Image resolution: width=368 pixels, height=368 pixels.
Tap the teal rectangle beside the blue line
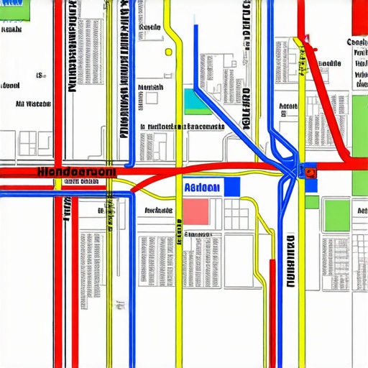(193, 101)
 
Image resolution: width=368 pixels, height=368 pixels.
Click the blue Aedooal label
(201, 187)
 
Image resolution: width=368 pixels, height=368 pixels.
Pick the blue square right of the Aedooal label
(231, 187)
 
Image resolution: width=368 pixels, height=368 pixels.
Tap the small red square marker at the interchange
(310, 172)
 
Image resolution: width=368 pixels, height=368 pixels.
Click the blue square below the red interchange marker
(311, 185)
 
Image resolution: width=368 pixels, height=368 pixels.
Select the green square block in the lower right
(336, 215)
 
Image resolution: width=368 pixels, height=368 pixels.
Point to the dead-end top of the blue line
(195, 27)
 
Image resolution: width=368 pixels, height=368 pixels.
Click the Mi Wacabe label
(33, 103)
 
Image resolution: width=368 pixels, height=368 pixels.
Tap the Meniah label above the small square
(149, 86)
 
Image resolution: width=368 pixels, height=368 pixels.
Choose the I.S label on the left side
(41, 75)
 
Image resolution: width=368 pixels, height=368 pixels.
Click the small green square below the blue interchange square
(311, 202)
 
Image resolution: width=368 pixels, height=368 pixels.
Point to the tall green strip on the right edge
(359, 144)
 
